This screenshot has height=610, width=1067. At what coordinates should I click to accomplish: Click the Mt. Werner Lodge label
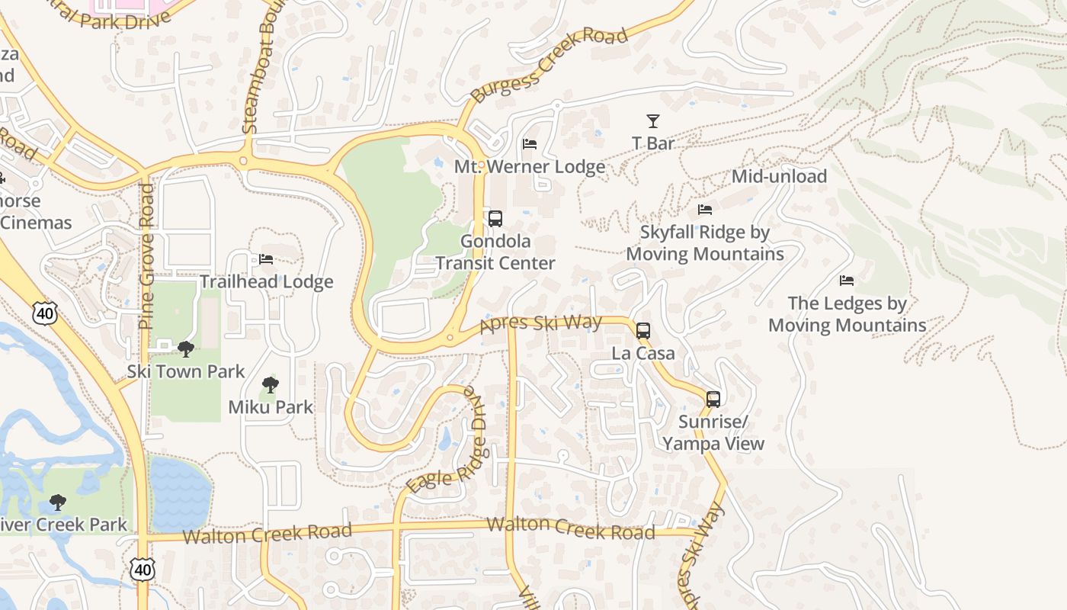pos(530,166)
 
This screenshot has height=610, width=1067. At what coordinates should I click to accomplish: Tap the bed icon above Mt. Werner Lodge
pos(530,144)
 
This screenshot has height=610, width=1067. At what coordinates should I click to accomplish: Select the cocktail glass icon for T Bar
pos(653,120)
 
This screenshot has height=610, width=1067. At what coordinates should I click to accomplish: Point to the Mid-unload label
pos(779,176)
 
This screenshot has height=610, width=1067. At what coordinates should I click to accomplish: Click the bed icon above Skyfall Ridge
pos(705,209)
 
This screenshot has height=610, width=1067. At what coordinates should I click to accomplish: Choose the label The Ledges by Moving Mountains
pos(847,314)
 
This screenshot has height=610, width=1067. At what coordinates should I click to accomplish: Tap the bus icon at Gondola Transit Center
pos(495,219)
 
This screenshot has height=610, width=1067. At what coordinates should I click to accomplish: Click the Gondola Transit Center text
pos(495,252)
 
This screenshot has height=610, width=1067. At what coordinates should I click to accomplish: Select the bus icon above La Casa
pos(643,331)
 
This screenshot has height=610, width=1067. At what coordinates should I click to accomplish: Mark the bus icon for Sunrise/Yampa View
pos(713,399)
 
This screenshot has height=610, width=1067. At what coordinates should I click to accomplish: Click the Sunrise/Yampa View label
pos(713,433)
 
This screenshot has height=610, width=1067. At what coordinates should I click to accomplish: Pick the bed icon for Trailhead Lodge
pos(266,259)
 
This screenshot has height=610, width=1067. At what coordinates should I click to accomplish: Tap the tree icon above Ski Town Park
pos(185,349)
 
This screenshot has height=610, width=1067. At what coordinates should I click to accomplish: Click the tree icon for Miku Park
pos(271,385)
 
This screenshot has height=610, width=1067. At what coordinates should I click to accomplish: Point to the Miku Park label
pos(271,407)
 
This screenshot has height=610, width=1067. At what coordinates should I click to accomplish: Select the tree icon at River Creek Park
pos(57,502)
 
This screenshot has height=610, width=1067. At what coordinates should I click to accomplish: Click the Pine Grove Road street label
pos(146,256)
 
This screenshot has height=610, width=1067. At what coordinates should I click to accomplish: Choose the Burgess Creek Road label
pos(549,65)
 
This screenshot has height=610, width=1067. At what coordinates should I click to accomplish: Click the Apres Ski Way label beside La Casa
pos(541,325)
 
